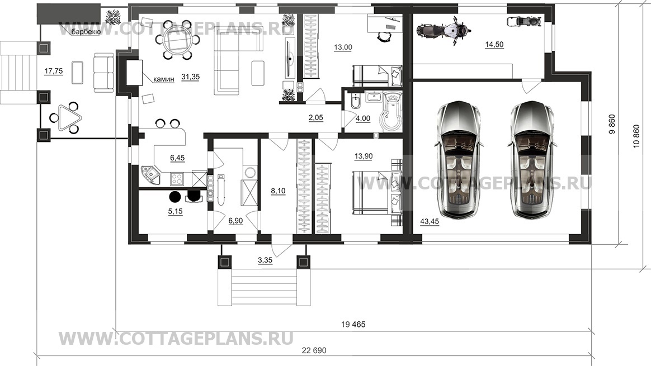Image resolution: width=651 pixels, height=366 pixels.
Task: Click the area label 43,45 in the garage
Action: click(430, 222)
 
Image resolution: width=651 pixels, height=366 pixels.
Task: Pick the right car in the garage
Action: click(531, 159)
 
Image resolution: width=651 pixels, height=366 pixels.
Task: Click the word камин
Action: click(163, 79)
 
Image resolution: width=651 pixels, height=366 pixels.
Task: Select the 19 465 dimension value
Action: click(353, 324)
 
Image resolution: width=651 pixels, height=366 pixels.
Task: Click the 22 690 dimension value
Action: click(314, 350)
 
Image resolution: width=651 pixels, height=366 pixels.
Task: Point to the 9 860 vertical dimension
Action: click(611, 125)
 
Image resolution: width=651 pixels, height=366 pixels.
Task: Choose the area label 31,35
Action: click(191, 77)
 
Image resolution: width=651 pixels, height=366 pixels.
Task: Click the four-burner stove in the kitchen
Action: click(177, 179)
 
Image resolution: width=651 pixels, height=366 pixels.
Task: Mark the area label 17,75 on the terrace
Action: click(54, 72)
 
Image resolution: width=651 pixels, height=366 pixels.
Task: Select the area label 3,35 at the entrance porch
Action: click(265, 260)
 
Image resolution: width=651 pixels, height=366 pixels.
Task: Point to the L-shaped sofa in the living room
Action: click(238, 60)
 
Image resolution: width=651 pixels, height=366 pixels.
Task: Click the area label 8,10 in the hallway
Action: click(278, 191)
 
